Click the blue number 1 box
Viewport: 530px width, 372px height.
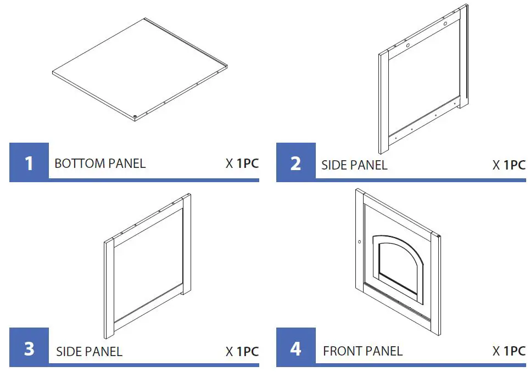29,162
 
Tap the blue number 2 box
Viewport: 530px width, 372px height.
296,162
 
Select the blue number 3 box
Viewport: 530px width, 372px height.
29,348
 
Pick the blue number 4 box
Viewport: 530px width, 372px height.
296,348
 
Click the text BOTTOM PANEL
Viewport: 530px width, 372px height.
100,164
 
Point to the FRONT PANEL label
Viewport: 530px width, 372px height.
362,351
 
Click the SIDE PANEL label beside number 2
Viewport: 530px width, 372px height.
354,165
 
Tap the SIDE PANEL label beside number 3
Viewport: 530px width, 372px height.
89,351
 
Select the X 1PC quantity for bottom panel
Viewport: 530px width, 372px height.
242,164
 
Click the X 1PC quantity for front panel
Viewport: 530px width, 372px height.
509,351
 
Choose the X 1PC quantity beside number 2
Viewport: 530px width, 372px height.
509,165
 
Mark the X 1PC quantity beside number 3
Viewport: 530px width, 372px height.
242,351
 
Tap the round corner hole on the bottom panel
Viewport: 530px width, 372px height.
135,116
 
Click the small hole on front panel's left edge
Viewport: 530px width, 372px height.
359,241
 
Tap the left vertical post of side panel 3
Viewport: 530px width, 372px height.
108,288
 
